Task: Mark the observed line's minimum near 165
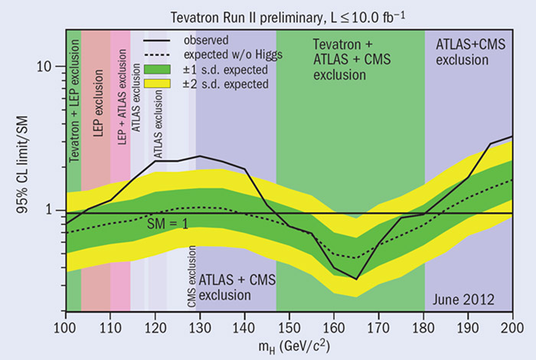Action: (356, 279)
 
